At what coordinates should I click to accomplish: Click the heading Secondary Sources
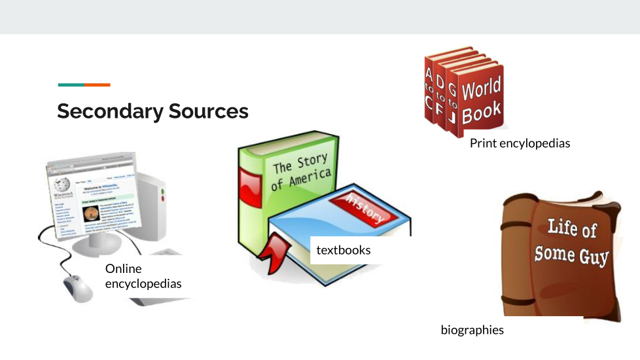(x=152, y=111)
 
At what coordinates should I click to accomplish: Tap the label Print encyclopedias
(x=520, y=143)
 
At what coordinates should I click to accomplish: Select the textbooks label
(x=343, y=250)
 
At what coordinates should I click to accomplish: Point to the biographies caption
(x=472, y=330)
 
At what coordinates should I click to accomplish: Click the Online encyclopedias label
(x=143, y=276)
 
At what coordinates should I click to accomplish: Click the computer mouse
(x=78, y=288)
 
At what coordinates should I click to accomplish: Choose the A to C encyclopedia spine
(x=429, y=92)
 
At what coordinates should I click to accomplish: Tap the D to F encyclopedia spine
(x=440, y=97)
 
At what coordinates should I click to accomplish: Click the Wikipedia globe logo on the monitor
(x=63, y=185)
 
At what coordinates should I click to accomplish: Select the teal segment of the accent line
(x=71, y=84)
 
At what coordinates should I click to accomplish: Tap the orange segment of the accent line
(x=98, y=84)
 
